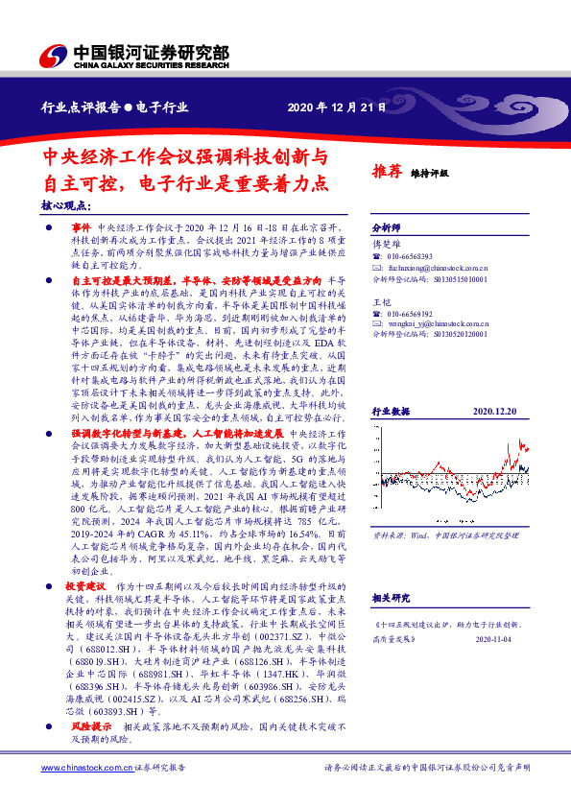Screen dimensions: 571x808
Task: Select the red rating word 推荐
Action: [x=386, y=172]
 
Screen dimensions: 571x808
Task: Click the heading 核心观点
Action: [x=66, y=204]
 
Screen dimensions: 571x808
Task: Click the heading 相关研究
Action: [x=391, y=597]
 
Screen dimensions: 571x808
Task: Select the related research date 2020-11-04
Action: [x=496, y=636]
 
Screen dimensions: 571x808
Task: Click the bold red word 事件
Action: [x=81, y=224]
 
